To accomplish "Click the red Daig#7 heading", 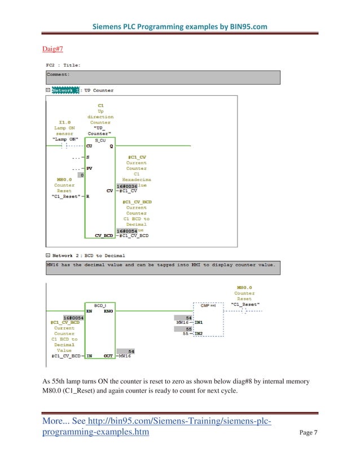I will pos(54,50).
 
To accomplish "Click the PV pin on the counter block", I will pos(89,168).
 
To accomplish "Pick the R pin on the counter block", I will pos(88,196).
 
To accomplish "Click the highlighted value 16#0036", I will pos(126,185).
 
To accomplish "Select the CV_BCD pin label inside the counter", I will pos(104,235).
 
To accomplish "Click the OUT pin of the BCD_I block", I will pos(107,356).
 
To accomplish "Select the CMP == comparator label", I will pos(208,305).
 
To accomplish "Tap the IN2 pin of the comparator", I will pos(199,333).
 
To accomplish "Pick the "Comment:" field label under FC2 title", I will pos(58,74).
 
